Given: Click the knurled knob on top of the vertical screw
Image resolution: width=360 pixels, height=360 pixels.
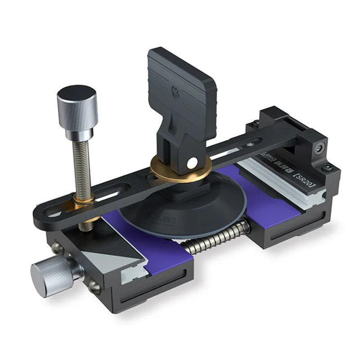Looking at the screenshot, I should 77,106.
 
